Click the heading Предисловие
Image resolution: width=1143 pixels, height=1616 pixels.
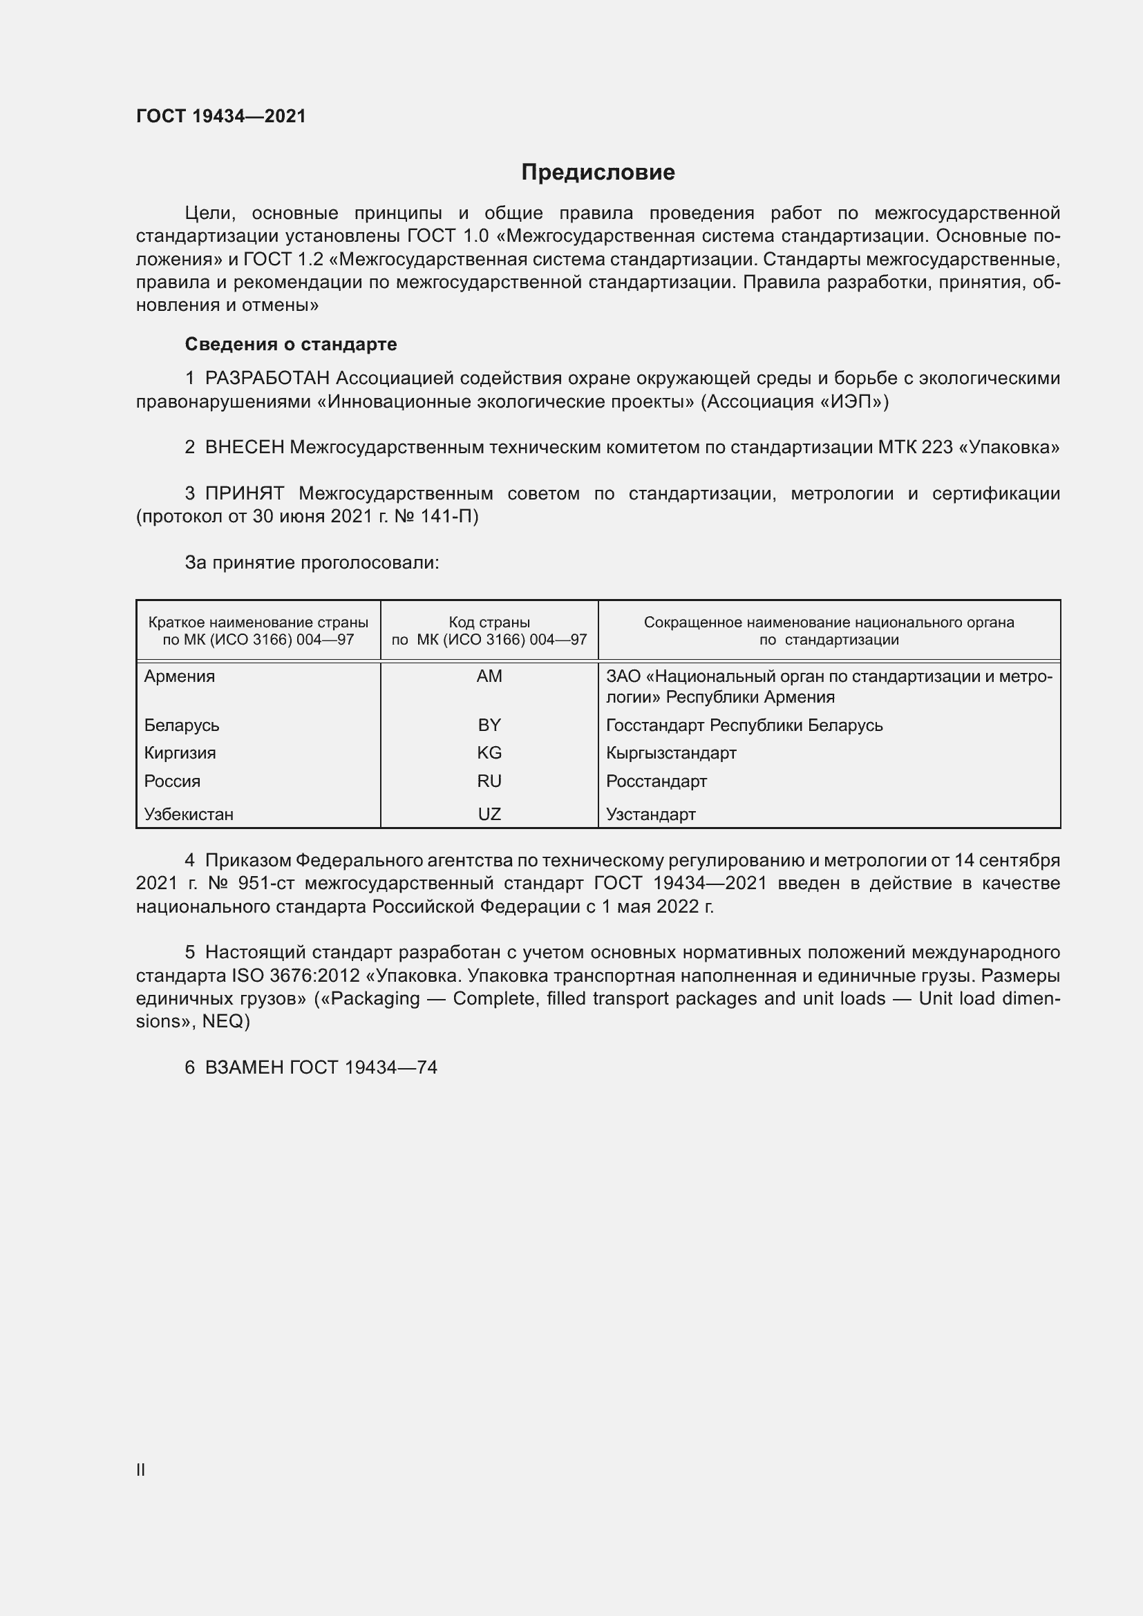coord(598,173)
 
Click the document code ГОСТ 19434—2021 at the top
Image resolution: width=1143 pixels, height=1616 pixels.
coord(221,116)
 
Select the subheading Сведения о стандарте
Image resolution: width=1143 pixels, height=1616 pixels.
coord(291,344)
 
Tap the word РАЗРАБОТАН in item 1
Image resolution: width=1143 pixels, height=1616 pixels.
coord(267,379)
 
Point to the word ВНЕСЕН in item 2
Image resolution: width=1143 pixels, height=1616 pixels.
coord(244,447)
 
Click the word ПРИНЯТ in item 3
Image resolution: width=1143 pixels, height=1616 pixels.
coord(244,493)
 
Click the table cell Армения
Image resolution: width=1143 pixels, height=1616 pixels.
coord(180,676)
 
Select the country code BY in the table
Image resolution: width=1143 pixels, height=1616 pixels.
coord(489,725)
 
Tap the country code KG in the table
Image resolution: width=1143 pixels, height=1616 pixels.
coord(489,753)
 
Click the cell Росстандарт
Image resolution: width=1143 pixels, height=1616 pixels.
coord(656,781)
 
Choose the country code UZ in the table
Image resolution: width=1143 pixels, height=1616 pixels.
coord(489,815)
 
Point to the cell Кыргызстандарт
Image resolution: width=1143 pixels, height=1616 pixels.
coord(671,753)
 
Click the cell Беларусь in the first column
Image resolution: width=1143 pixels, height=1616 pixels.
coord(182,725)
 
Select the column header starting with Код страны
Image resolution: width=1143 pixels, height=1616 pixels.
coord(489,631)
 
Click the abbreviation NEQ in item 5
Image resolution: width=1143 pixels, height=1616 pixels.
coord(223,1021)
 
